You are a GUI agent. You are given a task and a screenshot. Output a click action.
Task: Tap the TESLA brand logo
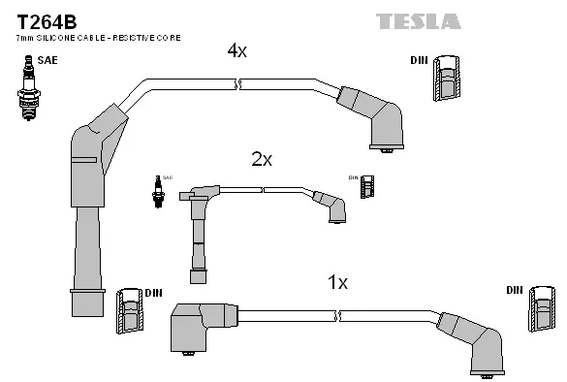tap(419, 20)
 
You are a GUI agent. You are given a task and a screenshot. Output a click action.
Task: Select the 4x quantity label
tap(236, 51)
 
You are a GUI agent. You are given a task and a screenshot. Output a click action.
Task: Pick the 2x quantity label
tap(262, 159)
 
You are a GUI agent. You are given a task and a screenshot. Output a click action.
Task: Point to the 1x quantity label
tap(337, 282)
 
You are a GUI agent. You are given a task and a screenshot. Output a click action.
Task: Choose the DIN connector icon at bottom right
tap(543, 312)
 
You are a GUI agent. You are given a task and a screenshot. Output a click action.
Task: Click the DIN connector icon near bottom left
tap(129, 311)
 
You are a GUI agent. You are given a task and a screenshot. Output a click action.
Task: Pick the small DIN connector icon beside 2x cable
tap(367, 186)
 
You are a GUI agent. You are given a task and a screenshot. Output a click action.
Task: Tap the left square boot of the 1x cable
tap(196, 327)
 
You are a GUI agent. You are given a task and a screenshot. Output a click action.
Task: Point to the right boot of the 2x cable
tap(331, 206)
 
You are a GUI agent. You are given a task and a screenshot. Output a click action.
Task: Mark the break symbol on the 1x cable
tap(338, 316)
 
